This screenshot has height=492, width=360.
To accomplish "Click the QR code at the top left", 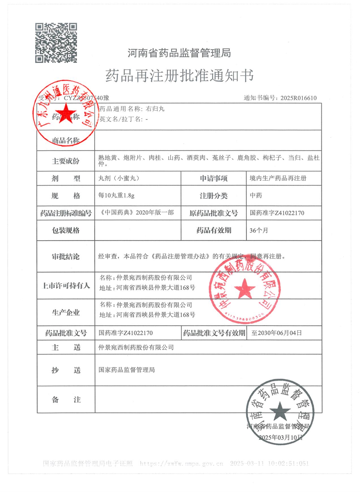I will (56, 43).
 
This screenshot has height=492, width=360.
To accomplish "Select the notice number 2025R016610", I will (298, 98).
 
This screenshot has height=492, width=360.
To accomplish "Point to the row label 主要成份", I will (66, 161).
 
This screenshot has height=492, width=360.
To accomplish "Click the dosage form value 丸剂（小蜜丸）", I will (119, 178).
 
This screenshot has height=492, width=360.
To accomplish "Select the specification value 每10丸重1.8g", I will (116, 195).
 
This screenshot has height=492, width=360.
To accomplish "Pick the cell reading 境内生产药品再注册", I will (278, 178).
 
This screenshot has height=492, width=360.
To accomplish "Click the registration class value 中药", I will (256, 195).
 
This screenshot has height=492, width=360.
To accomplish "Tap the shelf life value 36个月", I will (259, 230).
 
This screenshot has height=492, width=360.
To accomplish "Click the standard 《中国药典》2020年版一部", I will (136, 213).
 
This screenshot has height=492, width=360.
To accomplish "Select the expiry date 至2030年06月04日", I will (277, 333).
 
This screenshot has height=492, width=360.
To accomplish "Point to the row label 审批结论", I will (66, 257).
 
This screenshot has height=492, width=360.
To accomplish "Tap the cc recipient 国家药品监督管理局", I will (127, 370).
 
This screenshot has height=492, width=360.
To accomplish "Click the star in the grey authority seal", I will (280, 411).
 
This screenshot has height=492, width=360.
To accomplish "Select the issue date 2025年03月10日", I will (281, 437).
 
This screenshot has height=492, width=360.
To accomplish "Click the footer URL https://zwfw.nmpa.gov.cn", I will (181, 463).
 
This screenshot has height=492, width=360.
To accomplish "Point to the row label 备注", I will (66, 400).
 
